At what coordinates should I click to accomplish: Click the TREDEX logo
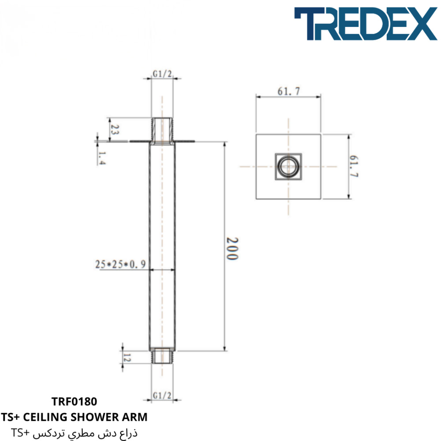(x=366, y=24)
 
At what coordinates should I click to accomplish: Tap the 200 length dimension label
(x=232, y=248)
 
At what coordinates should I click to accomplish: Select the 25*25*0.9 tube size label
(x=120, y=264)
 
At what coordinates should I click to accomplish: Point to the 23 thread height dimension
(x=115, y=130)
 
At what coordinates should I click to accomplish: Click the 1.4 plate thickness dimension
(x=102, y=158)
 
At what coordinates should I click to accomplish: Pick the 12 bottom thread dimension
(x=127, y=358)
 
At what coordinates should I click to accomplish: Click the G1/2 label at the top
(x=162, y=74)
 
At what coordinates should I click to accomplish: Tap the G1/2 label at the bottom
(x=162, y=396)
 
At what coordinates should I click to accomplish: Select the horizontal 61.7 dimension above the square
(x=288, y=91)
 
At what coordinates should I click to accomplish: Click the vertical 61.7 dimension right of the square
(x=354, y=166)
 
